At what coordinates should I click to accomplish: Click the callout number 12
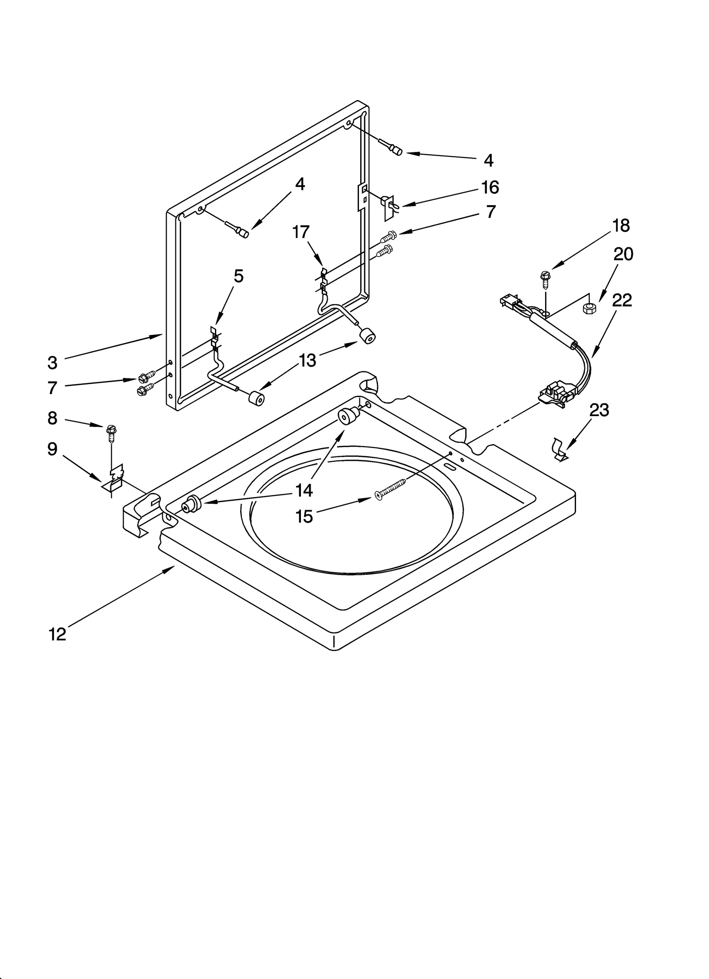57,635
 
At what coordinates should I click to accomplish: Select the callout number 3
52,363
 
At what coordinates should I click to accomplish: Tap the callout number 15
304,516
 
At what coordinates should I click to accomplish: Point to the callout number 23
599,410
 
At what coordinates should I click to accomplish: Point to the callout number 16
490,187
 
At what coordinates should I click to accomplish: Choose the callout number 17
301,231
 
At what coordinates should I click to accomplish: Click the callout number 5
238,276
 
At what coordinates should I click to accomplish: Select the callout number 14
304,490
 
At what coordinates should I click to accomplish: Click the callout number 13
307,360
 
